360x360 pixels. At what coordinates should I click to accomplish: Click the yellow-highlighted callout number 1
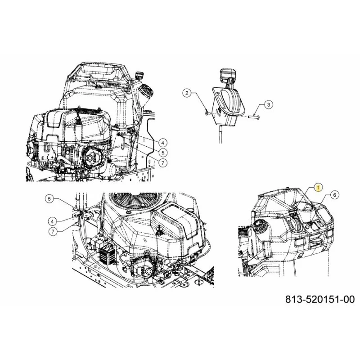(x=318, y=188)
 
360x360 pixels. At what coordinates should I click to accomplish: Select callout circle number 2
(x=187, y=93)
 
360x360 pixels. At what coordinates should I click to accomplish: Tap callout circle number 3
(x=268, y=105)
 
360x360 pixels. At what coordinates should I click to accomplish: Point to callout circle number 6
(x=334, y=195)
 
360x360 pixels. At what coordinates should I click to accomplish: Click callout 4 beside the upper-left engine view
(x=162, y=143)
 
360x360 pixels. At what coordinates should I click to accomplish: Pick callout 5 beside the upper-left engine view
(x=162, y=153)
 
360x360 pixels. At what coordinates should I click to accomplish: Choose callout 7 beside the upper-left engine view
(x=162, y=163)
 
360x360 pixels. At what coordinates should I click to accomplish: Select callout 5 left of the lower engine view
(x=49, y=199)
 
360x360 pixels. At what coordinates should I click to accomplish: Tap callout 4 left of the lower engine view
(x=53, y=221)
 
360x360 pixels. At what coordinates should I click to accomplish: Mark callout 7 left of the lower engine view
(x=53, y=231)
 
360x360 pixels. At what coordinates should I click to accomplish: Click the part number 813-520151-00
(x=320, y=299)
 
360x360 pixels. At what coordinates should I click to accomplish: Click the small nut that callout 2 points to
(x=207, y=112)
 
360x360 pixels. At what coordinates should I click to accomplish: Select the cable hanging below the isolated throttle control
(x=220, y=134)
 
